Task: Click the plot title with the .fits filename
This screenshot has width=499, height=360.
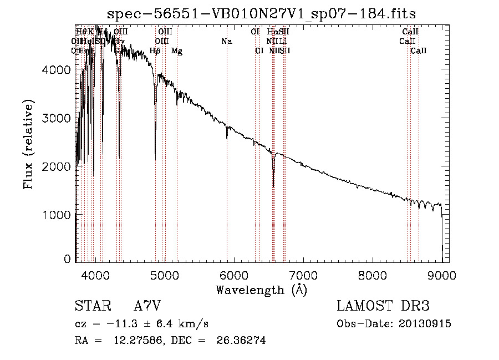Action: coord(261,13)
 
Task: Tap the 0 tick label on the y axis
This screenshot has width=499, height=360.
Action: coord(67,259)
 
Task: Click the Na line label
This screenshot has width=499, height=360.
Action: coord(226,41)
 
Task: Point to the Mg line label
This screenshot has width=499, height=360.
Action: coord(176,51)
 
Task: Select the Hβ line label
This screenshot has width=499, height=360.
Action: coord(155,51)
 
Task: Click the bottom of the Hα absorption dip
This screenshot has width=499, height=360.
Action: coord(273,186)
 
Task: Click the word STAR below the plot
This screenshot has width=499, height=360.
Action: coord(91,306)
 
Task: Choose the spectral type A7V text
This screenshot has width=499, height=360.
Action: coord(147,306)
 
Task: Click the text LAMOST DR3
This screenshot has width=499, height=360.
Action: coord(383,306)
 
